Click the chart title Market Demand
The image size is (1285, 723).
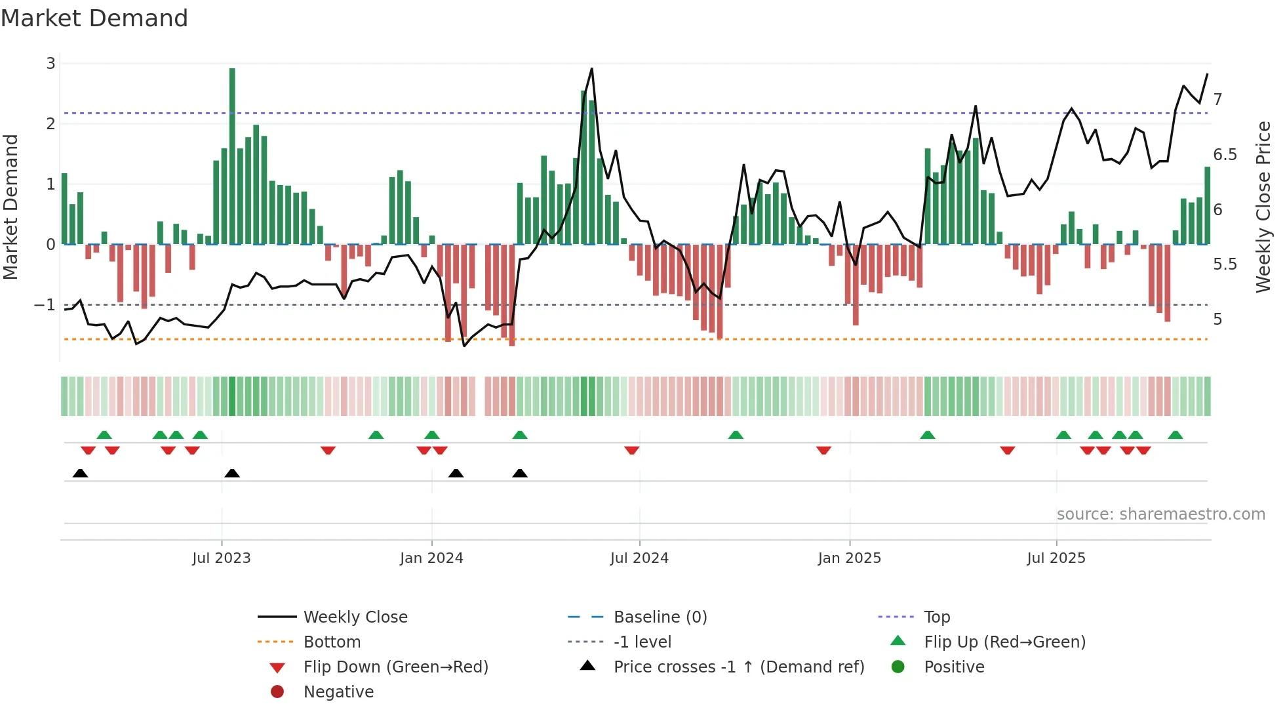pos(94,18)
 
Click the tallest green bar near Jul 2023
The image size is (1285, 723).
pos(232,156)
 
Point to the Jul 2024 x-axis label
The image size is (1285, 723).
pos(639,558)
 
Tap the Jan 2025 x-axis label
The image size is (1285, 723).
pos(849,558)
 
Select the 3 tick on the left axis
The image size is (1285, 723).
pos(50,64)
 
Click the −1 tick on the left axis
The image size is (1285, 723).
pos(45,305)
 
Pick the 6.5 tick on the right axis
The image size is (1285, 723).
pos(1225,155)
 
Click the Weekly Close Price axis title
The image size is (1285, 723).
pos(1263,207)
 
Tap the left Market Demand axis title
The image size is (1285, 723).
pos(10,207)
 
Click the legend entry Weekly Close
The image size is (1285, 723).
pos(355,617)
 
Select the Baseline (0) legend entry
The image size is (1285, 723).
pos(660,617)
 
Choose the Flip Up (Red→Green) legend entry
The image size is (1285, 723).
pos(1004,642)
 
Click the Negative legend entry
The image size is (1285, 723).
pos(338,692)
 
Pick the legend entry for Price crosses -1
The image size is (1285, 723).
pos(738,667)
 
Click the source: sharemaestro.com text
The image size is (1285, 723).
pos(1160,514)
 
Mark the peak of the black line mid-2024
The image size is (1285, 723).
pos(592,68)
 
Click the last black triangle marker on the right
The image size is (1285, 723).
pos(520,473)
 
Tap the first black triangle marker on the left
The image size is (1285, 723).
pos(80,473)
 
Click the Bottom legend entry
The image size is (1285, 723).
pos(332,642)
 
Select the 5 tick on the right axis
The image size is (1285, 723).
pos(1217,320)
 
